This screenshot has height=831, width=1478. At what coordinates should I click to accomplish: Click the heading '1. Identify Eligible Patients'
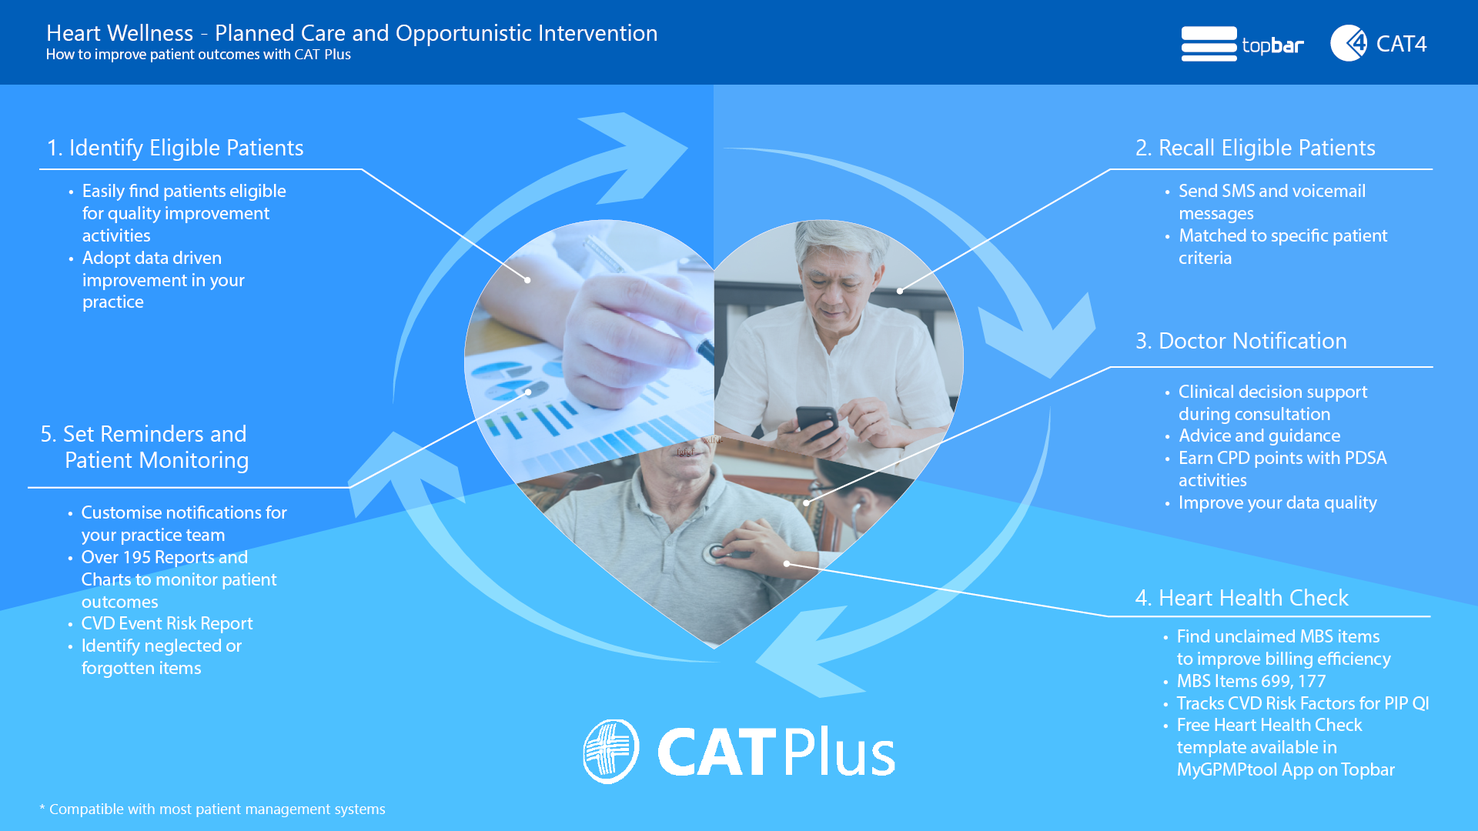pyautogui.click(x=175, y=148)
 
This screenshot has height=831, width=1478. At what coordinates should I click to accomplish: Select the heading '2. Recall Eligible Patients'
pyautogui.click(x=1255, y=148)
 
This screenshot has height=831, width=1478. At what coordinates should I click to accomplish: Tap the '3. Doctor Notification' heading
pyautogui.click(x=1241, y=341)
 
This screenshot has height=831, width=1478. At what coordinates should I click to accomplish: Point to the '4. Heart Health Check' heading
pyautogui.click(x=1242, y=598)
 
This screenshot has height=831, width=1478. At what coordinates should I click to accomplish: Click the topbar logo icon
pyautogui.click(x=1209, y=44)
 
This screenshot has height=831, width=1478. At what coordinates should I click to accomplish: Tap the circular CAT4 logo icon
pyautogui.click(x=1349, y=43)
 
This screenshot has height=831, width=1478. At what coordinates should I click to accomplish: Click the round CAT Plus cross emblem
pyautogui.click(x=610, y=751)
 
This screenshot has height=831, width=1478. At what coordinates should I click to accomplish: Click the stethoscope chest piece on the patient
pyautogui.click(x=716, y=552)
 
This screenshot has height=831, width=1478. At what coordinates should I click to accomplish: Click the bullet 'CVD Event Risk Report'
pyautogui.click(x=167, y=623)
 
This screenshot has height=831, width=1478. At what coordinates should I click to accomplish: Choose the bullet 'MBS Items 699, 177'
pyautogui.click(x=1251, y=681)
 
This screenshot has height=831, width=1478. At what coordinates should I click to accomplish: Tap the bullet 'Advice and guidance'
pyautogui.click(x=1259, y=436)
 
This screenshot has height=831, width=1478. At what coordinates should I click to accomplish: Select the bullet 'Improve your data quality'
pyautogui.click(x=1277, y=502)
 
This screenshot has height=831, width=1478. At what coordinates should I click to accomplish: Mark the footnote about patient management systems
pyautogui.click(x=212, y=809)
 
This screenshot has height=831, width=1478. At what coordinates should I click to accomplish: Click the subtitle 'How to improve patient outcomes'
pyautogui.click(x=169, y=55)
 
